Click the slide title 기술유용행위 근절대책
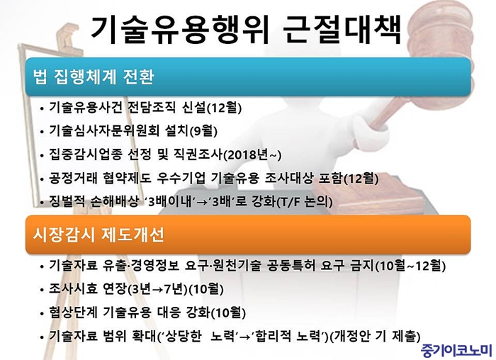pos(246,29)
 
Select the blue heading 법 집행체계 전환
pos(94,77)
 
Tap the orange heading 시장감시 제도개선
pos(98,235)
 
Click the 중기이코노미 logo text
pos(456,351)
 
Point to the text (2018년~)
pos(252,155)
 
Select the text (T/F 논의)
pos(304,202)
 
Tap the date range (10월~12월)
pos(410,266)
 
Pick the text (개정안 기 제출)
pos(375,337)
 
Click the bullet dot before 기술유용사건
pos(42,109)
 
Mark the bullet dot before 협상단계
pos(42,314)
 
